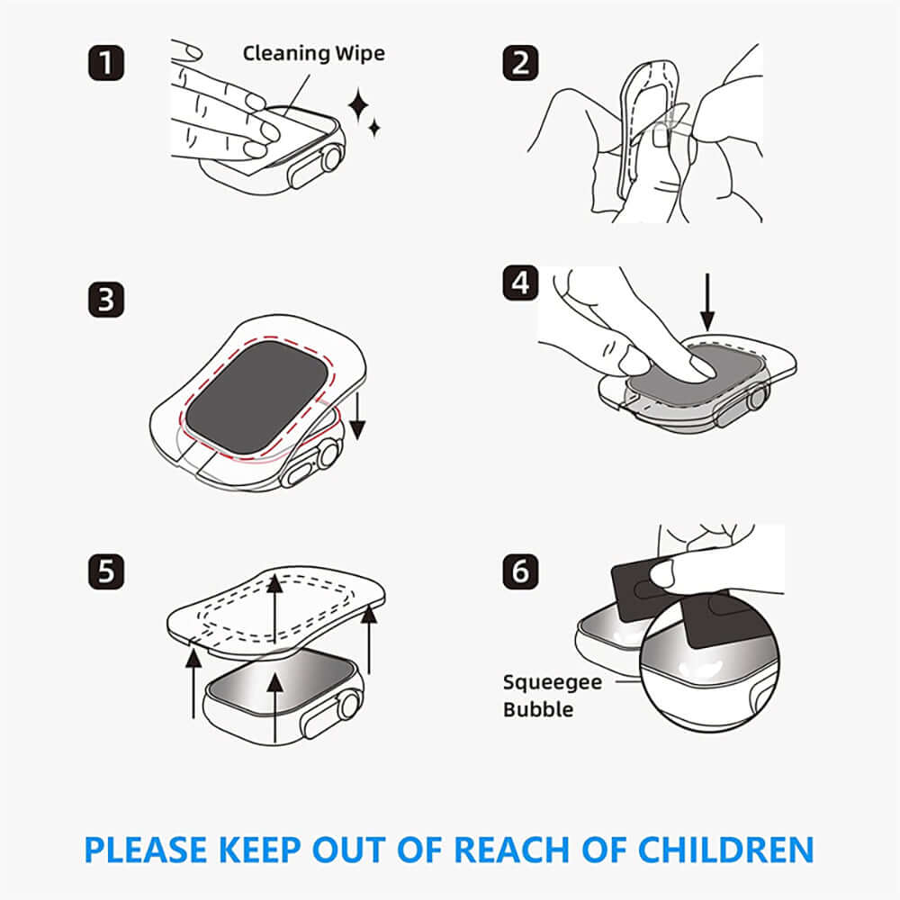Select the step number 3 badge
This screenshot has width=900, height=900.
pyautogui.click(x=107, y=299)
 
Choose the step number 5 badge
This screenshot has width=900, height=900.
pyautogui.click(x=107, y=571)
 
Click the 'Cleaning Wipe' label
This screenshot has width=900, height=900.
pyautogui.click(x=313, y=53)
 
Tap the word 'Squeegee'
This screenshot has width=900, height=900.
pyautogui.click(x=552, y=681)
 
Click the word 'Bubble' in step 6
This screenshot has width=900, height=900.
pyautogui.click(x=538, y=709)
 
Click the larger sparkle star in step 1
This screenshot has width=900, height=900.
pyautogui.click(x=359, y=107)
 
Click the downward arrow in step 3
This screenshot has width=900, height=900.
pyautogui.click(x=357, y=416)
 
